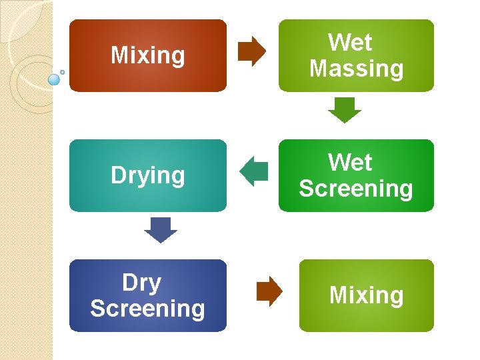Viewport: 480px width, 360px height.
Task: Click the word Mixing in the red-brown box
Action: pos(147,55)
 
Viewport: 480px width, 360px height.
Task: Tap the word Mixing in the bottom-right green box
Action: pos(366,295)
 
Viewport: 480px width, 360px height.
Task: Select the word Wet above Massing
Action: pos(350,43)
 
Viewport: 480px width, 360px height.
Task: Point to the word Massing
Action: pos(356,69)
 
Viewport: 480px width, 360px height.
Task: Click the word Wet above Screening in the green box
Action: pos(350,163)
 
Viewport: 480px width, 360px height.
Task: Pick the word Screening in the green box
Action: pos(356,189)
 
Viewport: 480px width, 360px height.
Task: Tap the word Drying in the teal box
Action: pos(147,175)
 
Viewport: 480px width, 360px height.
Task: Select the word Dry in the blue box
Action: pos(141,283)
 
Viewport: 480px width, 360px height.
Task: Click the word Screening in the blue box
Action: pos(147,309)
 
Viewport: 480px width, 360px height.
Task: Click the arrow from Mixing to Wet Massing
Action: pos(252,51)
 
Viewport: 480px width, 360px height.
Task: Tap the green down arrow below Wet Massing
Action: pos(345,110)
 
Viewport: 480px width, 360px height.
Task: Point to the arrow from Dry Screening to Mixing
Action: pos(269,291)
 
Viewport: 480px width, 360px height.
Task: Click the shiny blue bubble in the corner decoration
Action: pos(55,79)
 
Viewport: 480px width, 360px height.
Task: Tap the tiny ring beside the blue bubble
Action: pos(63,72)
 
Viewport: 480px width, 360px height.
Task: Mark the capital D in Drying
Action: pos(117,175)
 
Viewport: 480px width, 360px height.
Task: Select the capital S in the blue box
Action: pos(97,309)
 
